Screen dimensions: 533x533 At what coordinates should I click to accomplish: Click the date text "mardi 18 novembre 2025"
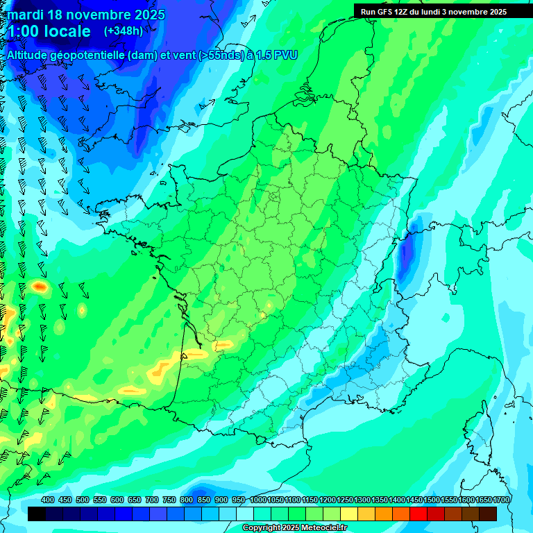[x=86, y=14]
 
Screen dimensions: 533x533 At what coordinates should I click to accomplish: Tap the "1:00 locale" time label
[x=49, y=31]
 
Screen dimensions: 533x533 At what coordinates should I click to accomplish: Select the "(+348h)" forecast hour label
[x=124, y=31]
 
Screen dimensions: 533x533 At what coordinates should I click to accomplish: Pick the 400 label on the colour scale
[x=48, y=500]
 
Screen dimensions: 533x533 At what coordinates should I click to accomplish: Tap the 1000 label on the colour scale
[x=258, y=500]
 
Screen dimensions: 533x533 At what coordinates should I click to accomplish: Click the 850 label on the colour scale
[x=204, y=500]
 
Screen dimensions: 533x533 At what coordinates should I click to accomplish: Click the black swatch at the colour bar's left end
[x=37, y=514]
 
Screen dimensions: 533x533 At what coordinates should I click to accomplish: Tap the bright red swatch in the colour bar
[x=418, y=514]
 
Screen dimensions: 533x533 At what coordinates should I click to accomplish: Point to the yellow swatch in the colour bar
[x=349, y=514]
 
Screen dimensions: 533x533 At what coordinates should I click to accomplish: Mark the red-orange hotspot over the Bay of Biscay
[x=40, y=286]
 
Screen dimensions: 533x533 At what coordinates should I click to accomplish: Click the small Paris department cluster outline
[x=275, y=196]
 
